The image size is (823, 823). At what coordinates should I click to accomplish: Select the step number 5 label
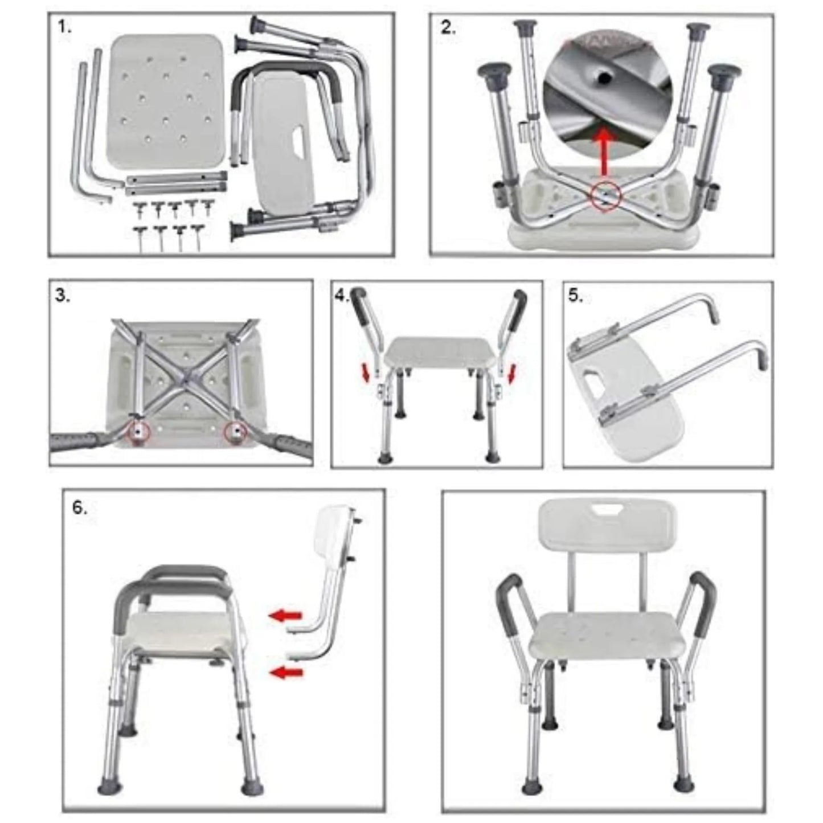click(x=576, y=296)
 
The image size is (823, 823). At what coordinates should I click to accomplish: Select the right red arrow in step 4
click(x=512, y=374)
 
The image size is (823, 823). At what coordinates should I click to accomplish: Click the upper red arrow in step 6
click(x=285, y=615)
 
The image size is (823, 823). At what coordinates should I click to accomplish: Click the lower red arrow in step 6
click(x=285, y=673)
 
